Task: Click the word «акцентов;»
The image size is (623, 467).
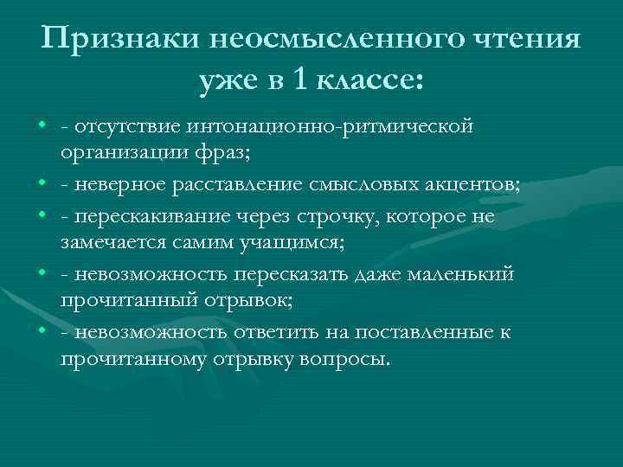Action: [x=453, y=183]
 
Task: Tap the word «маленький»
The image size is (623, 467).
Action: [x=465, y=274]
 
